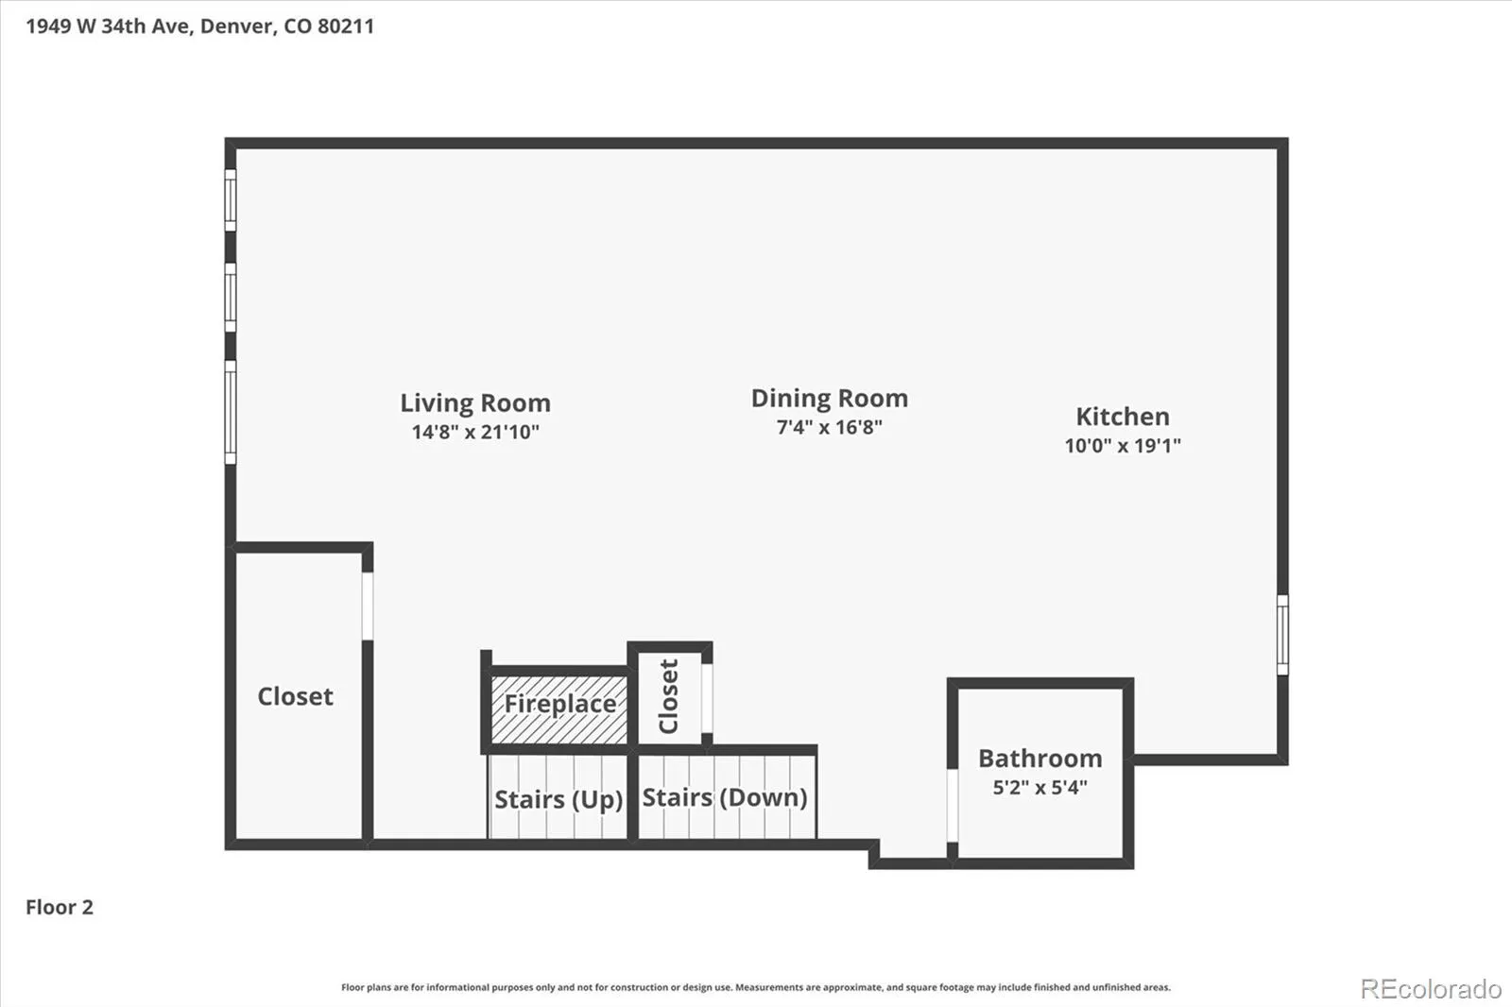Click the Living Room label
pyautogui.click(x=475, y=403)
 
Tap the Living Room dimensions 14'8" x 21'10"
pyautogui.click(x=475, y=432)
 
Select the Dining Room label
pyautogui.click(x=830, y=399)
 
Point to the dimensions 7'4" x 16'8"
pyautogui.click(x=830, y=427)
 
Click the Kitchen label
pyautogui.click(x=1123, y=417)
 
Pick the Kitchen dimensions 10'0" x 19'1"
pyautogui.click(x=1123, y=446)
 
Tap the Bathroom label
pyautogui.click(x=1040, y=759)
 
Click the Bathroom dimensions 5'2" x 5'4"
pyautogui.click(x=1040, y=788)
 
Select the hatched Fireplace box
pyautogui.click(x=558, y=709)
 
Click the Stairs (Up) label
pyautogui.click(x=558, y=800)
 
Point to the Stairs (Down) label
pyautogui.click(x=724, y=798)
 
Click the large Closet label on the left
pyautogui.click(x=295, y=696)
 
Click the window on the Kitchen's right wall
pyautogui.click(x=1282, y=635)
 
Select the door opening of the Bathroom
pyautogui.click(x=953, y=806)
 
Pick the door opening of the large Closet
pyautogui.click(x=368, y=606)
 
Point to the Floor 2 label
pyautogui.click(x=60, y=907)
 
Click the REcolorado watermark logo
pyautogui.click(x=1431, y=989)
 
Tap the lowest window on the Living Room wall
pyautogui.click(x=231, y=413)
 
